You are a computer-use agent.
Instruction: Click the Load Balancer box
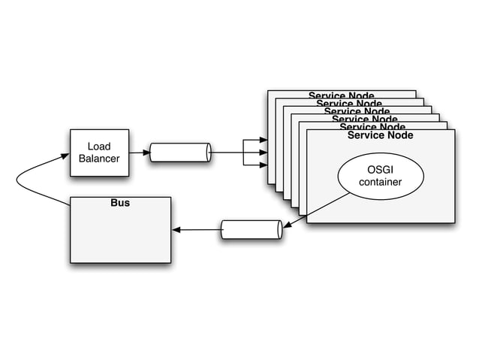99,153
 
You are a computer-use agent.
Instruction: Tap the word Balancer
99,159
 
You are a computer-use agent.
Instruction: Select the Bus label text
120,203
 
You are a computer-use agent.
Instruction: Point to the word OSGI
380,169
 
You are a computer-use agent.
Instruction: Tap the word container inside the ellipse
380,182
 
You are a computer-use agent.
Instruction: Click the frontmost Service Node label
380,135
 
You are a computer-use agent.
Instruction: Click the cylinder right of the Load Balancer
180,153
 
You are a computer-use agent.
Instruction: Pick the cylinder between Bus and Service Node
252,229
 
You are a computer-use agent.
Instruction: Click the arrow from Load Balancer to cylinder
138,153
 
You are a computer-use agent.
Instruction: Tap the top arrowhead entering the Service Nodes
264,140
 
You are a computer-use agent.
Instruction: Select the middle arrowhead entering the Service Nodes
264,153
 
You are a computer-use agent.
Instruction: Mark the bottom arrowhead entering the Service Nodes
264,165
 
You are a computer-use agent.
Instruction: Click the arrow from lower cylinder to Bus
197,229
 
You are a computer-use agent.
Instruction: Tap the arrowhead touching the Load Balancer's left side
66,155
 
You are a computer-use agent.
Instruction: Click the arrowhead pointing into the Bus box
176,229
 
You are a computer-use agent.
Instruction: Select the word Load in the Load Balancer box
99,147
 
